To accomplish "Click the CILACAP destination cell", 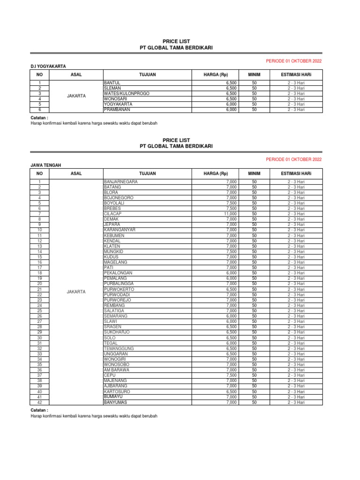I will pos(112,214).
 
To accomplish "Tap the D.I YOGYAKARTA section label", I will pos(48,66).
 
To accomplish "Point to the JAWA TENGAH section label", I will pos(45,165).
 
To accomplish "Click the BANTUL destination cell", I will pos(112,82).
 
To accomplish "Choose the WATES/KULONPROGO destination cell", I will pos(127,93).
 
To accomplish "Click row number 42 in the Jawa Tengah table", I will pos(40,402).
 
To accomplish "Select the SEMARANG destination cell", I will pos(115,316).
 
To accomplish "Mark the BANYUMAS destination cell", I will pos(115,402).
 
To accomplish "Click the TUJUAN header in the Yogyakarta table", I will pos(147,75).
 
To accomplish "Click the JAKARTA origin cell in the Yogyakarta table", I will pos(76,96).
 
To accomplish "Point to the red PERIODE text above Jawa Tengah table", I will pos(294,160).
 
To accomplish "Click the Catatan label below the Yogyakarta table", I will pos(39,118).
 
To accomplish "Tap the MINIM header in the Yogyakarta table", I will pos(254,75).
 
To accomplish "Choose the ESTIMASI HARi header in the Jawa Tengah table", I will pos(296,174).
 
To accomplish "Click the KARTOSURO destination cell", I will pos(116,391).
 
